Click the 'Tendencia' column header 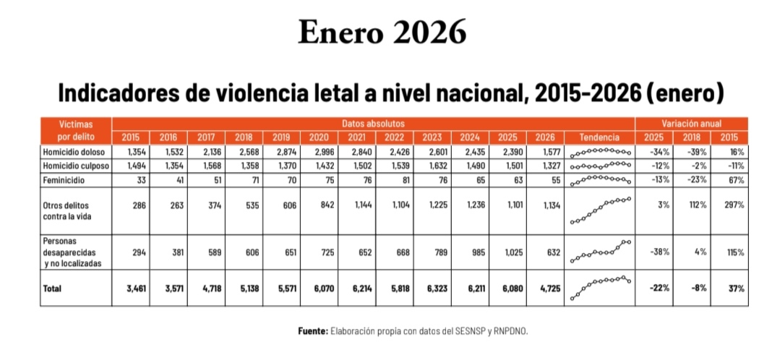[x=599, y=137]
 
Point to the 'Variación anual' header [x=691, y=124]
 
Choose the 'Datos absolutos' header [x=373, y=124]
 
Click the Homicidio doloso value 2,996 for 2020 [x=318, y=153]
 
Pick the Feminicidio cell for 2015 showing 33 [x=141, y=178]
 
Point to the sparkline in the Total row [x=600, y=287]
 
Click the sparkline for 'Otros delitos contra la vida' [x=600, y=210]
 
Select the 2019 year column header [x=281, y=137]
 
